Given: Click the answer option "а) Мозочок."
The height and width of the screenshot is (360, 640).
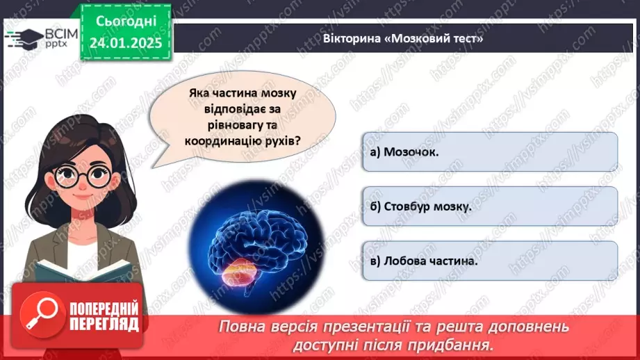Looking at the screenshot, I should coord(489,152).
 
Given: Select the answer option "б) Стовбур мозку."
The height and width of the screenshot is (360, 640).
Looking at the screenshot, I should coord(489,206).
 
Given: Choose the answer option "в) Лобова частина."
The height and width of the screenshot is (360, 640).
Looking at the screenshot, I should coord(489,261).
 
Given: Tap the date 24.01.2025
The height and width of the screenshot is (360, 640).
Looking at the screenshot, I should coord(125,42).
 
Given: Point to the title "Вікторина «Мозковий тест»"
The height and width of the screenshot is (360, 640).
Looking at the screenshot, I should coord(403,39).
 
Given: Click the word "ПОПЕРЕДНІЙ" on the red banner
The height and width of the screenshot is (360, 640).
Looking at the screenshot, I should coord(104,309).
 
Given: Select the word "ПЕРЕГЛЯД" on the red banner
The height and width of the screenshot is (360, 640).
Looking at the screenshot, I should coord(104,324).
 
